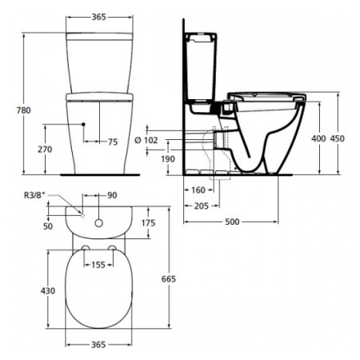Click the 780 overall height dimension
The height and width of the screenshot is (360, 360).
24,110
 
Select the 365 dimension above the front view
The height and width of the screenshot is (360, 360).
99,17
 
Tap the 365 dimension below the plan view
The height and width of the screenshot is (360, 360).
98,345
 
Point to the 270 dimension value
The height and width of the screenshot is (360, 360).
45,150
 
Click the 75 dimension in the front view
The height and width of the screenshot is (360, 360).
113,142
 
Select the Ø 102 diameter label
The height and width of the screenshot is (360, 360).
146,140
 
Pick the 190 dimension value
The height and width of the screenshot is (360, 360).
168,159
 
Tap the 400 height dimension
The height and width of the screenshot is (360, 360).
318,138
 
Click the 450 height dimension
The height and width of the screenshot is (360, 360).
338,138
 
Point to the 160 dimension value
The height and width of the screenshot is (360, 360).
198,190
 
